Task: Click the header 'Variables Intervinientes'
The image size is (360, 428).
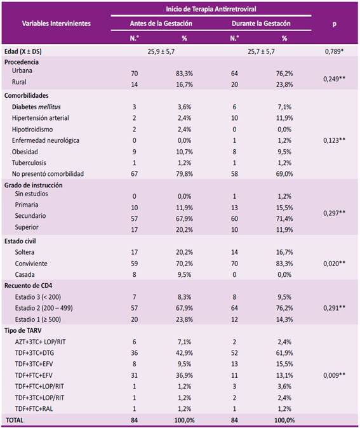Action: [x=57, y=23]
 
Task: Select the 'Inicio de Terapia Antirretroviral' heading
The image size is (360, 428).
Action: [x=211, y=9]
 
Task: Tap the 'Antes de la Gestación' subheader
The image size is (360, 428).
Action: [x=161, y=23]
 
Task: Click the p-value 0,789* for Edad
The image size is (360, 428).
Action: [x=334, y=51]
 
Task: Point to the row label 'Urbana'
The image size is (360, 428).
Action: [x=22, y=70]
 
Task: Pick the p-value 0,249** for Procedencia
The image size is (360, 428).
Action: [x=334, y=79]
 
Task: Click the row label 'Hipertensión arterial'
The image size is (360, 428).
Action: [x=41, y=118]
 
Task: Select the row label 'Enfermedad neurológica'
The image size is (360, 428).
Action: [x=46, y=140]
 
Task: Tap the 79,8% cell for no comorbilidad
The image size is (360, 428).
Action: [x=184, y=174]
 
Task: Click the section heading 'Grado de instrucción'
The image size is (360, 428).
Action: [x=33, y=185]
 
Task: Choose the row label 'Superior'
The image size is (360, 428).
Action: [x=27, y=227]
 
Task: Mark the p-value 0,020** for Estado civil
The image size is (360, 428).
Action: [x=334, y=264]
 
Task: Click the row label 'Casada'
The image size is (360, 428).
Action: [x=25, y=274]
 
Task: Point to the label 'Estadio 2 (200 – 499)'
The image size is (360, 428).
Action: [x=44, y=308]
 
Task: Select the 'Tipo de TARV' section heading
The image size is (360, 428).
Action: [x=23, y=331]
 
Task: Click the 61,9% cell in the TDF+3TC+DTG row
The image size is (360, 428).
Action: [x=284, y=353]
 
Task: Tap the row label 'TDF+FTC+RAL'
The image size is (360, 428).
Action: [x=34, y=409]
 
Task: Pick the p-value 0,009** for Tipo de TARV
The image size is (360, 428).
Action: [x=334, y=375]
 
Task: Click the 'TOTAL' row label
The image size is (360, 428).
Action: [x=15, y=420]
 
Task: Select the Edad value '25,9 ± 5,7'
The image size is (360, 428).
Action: [x=161, y=51]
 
